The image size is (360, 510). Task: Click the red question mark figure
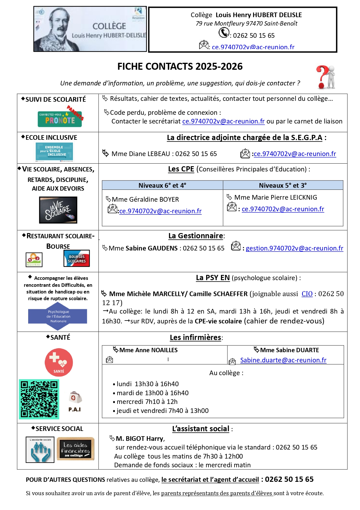coord(326,77)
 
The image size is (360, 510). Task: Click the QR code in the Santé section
coord(39,399)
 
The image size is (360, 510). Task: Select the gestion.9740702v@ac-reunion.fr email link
coord(294,248)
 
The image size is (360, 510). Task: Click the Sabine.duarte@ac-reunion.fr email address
coord(283,360)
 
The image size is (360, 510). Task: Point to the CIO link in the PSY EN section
coord(307,294)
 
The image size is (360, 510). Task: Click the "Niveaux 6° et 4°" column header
coord(162,185)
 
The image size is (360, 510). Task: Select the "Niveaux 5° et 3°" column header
coord(283,185)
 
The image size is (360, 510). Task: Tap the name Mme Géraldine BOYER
coord(145,199)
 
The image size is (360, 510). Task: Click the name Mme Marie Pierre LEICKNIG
coord(276,198)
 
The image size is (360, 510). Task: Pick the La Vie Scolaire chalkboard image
coord(58,210)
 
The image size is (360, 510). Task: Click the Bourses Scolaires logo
coord(77,258)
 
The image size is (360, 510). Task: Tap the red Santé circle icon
coord(59,362)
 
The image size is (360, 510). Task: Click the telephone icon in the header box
coord(224,33)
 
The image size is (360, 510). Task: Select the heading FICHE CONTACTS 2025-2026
coord(180,67)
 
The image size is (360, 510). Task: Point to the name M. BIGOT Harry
coord(140,439)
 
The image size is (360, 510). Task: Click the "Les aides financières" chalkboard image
coord(75,449)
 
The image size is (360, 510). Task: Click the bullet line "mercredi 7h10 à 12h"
coord(147,402)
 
